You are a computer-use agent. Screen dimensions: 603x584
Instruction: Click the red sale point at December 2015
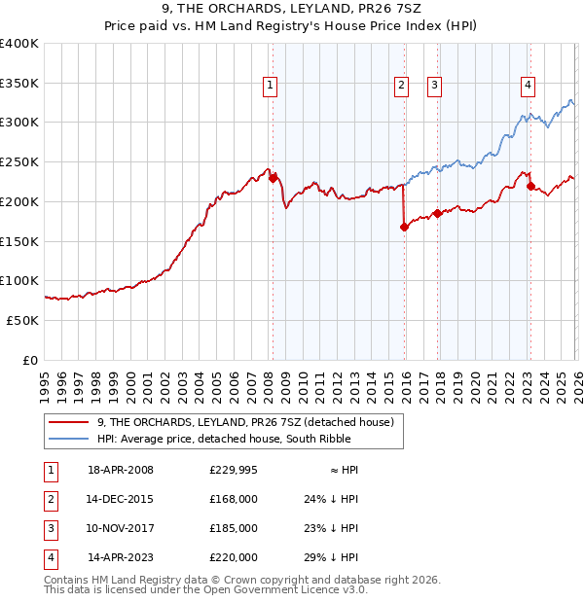[404, 227]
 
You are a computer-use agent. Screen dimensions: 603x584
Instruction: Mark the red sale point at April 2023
[530, 186]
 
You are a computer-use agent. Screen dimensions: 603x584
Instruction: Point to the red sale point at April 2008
[273, 178]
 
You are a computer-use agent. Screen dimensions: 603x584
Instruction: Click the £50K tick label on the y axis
[21, 320]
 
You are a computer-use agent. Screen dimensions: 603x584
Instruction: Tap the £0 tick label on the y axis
[30, 360]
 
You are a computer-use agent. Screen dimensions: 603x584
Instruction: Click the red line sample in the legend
[70, 422]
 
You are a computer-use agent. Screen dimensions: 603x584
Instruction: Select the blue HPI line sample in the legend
[70, 439]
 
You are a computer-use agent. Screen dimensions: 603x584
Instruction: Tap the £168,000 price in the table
[233, 498]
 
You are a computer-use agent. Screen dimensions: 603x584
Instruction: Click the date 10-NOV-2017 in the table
[121, 528]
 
